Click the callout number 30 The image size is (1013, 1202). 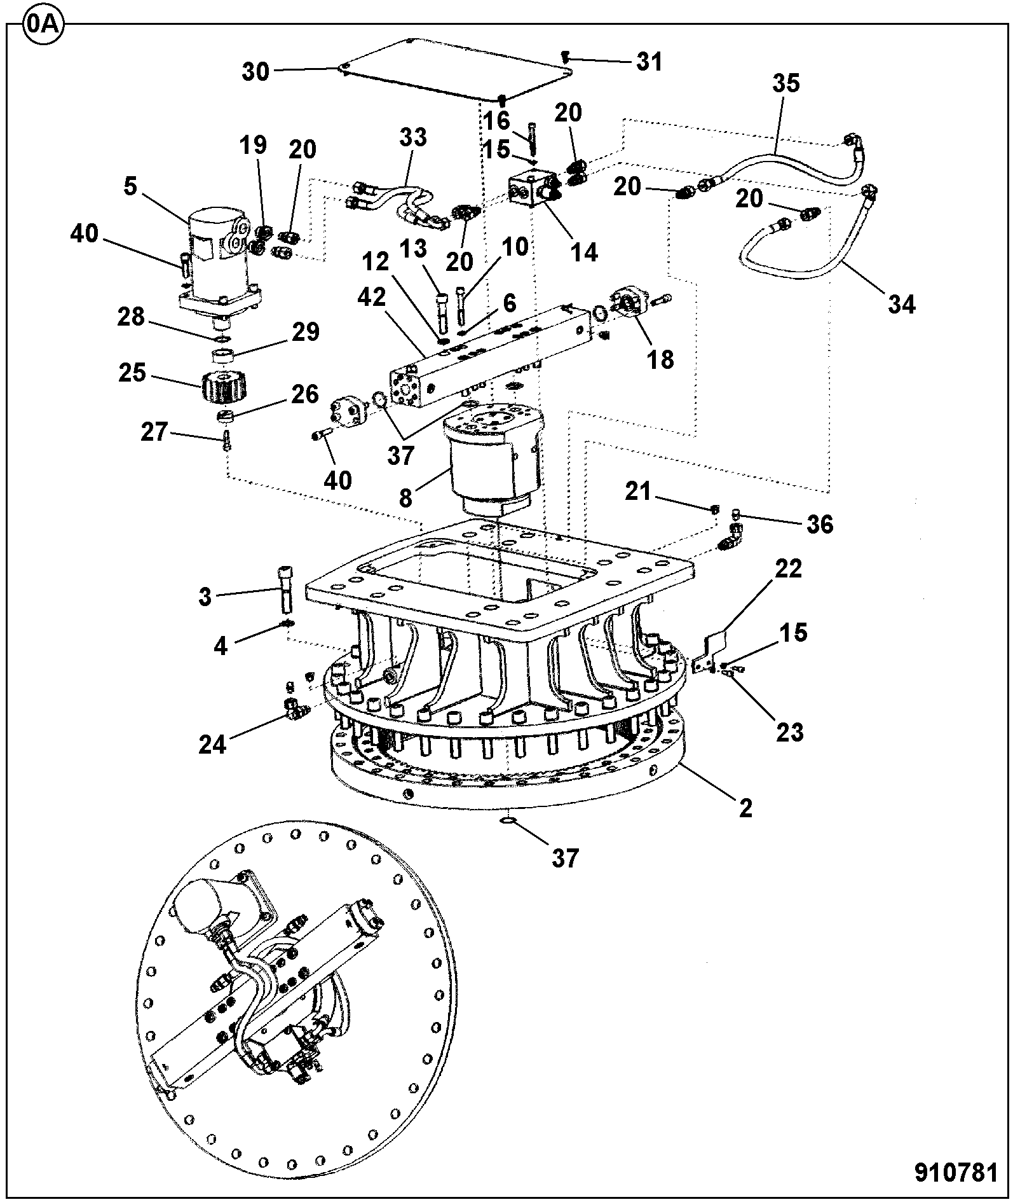coord(255,72)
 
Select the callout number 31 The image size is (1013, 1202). coord(649,62)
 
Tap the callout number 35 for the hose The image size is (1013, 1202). coord(786,83)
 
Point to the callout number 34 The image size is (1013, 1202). coord(902,305)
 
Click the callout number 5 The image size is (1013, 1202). coord(130,188)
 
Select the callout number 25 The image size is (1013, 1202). coord(132,373)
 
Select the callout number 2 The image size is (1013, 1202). coord(745,808)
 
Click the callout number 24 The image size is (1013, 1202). coord(212,744)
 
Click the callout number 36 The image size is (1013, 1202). coord(819,524)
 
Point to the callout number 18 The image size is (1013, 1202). coord(660,359)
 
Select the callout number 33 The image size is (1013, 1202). coord(413,137)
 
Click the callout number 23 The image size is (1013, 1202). coord(790,732)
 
